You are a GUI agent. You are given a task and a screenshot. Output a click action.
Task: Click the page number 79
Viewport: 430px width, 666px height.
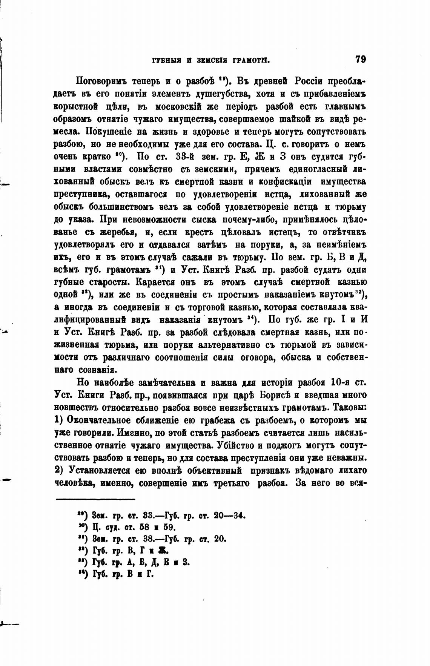[x=360, y=59]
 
